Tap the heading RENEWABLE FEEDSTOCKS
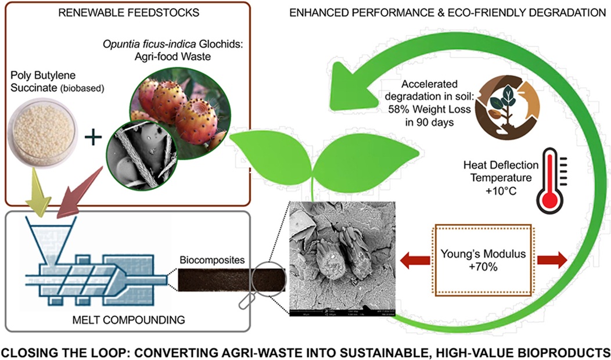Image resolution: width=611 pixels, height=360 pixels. pyautogui.click(x=106, y=12)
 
